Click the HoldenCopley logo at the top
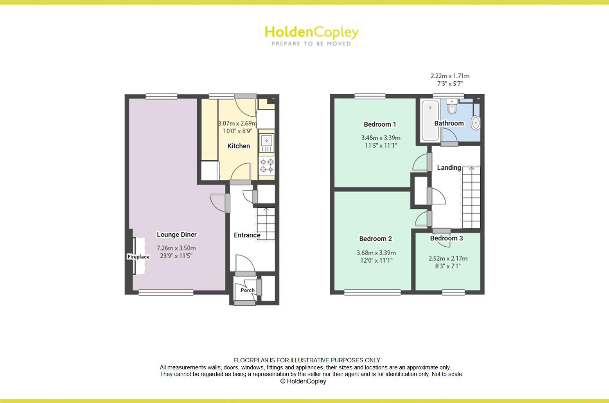pos(311,35)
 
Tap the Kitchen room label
pos(239,146)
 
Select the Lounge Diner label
pos(177,235)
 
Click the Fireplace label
pos(138,257)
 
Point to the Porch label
pos(247,290)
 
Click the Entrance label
pos(247,235)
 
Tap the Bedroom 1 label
pos(380,124)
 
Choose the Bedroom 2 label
pos(375,239)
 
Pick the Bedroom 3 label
pos(446,238)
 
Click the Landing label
pos(449,167)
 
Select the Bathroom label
pos(449,123)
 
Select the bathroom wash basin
pos(476,122)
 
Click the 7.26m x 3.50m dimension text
pos(176,248)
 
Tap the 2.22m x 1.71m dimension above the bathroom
pos(450,76)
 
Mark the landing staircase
pos(471,197)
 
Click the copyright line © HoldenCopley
pos(303,382)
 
